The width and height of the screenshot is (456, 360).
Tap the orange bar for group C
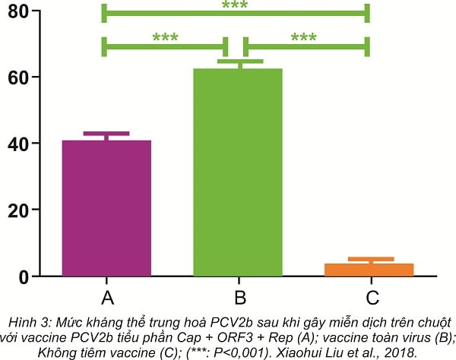(x=371, y=270)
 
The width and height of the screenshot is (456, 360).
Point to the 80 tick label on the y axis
(x=30, y=12)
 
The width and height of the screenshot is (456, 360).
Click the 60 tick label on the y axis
(x=30, y=77)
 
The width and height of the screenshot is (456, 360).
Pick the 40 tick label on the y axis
(x=30, y=144)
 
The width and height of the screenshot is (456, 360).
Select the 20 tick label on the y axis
(x=30, y=210)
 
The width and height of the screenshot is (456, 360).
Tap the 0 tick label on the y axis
(x=36, y=276)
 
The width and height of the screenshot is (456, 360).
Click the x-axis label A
(x=106, y=296)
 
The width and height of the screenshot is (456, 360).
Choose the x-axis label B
(x=239, y=296)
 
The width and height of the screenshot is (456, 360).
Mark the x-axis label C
(x=372, y=296)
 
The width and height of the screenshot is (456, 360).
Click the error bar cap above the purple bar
(x=106, y=134)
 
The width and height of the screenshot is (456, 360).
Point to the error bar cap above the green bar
(x=239, y=61)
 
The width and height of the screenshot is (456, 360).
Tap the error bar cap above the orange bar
(x=371, y=259)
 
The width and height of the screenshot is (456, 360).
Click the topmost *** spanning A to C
(x=236, y=6)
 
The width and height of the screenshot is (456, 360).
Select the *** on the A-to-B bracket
(x=166, y=38)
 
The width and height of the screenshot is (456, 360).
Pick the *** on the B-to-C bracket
(x=303, y=38)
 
